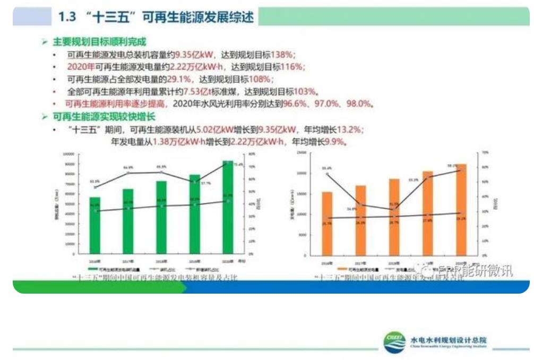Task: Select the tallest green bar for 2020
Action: (x=228, y=207)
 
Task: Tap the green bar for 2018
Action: (x=161, y=218)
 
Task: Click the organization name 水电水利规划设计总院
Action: (x=449, y=339)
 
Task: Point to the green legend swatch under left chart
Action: (x=91, y=269)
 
